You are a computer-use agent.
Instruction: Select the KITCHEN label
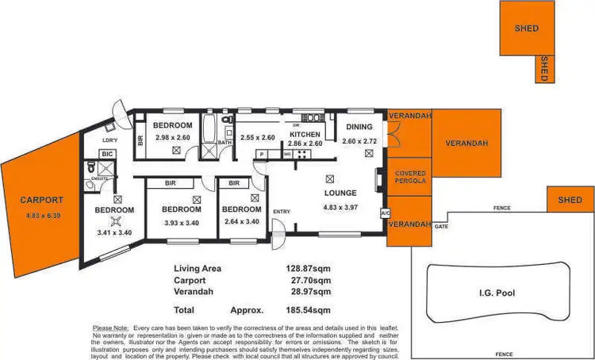(305, 135)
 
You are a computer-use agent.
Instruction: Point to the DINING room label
(360, 127)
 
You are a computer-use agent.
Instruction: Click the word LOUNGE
(340, 193)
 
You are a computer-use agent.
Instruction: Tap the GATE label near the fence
(440, 227)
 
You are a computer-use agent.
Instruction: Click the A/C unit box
(386, 213)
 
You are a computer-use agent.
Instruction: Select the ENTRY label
(282, 212)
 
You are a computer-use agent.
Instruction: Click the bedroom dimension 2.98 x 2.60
(173, 138)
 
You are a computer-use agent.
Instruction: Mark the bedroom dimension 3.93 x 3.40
(180, 222)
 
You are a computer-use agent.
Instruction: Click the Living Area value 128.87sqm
(308, 269)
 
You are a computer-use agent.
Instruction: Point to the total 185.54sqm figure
(308, 310)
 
